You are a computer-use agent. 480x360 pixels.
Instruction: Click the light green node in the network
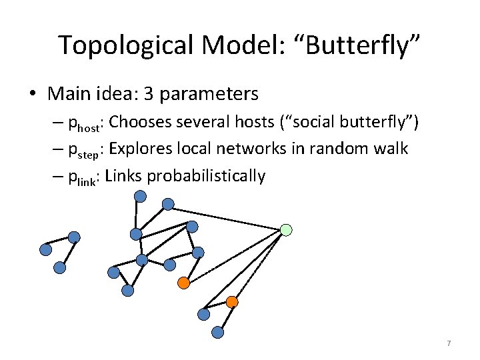click(x=286, y=230)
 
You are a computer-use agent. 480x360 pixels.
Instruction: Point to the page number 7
click(x=449, y=343)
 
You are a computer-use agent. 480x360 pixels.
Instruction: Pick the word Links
click(x=123, y=176)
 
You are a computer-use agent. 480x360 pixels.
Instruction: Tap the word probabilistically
click(x=206, y=176)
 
